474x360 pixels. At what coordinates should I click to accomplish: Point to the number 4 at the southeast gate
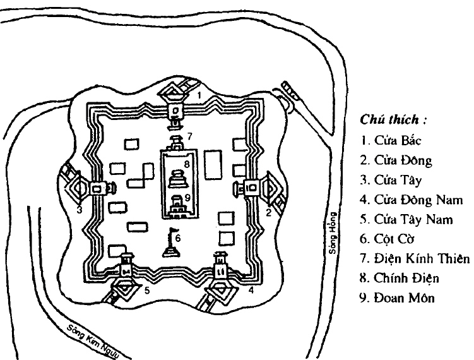pos(251,291)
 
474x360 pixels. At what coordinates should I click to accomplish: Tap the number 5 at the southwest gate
pos(146,291)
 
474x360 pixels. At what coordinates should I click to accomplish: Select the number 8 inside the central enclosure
pos(186,165)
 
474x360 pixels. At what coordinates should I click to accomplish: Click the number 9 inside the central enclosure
pos(187,196)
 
